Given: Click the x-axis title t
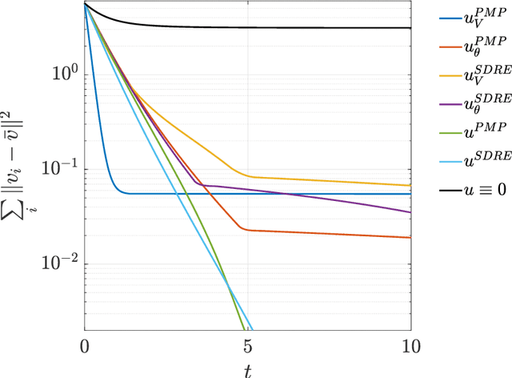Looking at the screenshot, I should (x=248, y=368).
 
